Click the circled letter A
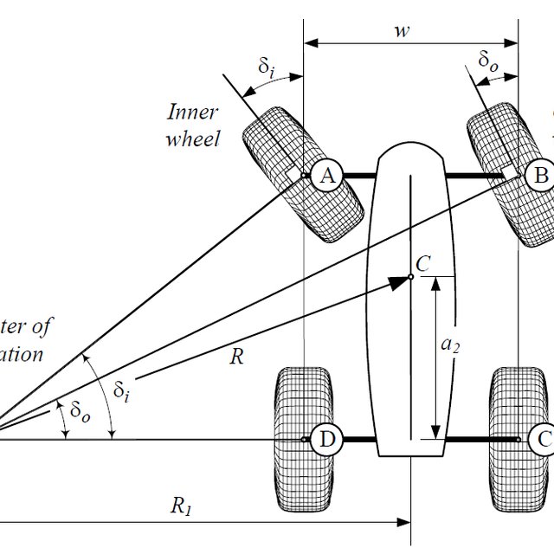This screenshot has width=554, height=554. (326, 176)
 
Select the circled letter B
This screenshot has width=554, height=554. (541, 176)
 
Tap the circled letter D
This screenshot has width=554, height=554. (326, 440)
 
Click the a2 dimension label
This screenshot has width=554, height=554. (450, 345)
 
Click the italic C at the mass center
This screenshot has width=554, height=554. (422, 264)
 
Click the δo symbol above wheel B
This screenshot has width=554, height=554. (488, 61)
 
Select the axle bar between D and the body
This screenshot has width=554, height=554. (357, 440)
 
